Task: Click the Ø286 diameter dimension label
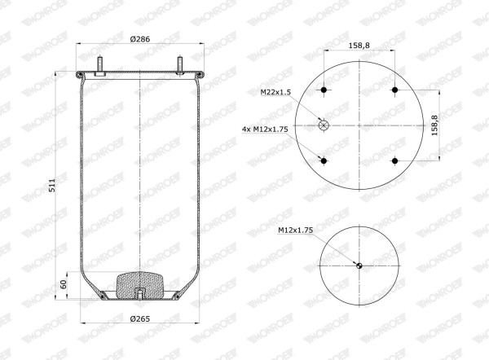(140, 39)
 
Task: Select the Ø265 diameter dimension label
(140, 318)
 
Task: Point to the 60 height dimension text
(64, 284)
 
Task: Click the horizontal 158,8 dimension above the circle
(359, 45)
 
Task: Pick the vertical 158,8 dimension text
(434, 125)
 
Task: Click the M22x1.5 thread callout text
(275, 92)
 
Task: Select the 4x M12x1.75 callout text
(265, 129)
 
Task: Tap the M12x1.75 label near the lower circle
(295, 230)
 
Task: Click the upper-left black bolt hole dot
(324, 90)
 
